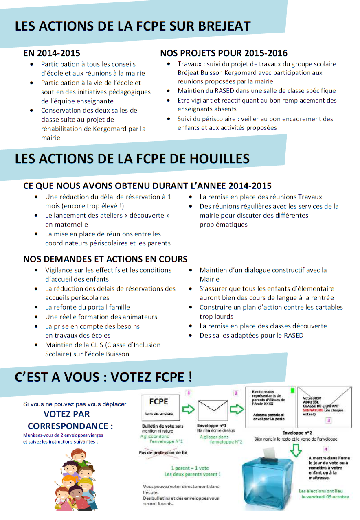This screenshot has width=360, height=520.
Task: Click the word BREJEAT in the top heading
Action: [224, 26]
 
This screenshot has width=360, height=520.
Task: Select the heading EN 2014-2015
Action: [52, 53]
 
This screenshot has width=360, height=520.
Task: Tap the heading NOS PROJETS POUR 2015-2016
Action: [224, 53]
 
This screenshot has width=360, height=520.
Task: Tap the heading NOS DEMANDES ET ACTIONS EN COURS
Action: [105, 259]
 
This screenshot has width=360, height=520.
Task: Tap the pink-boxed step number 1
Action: [189, 393]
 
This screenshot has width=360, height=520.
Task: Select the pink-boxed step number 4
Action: [325, 449]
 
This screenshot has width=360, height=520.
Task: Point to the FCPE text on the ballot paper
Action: [159, 402]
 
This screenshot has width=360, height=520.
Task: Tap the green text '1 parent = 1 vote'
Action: [190, 468]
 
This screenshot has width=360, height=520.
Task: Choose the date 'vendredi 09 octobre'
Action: [325, 497]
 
